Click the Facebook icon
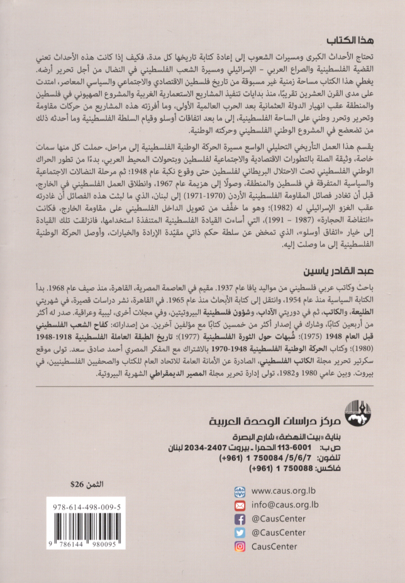[239, 519]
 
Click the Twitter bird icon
[239, 533]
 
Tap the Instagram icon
[239, 547]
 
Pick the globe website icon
[239, 491]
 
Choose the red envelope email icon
[239, 505]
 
